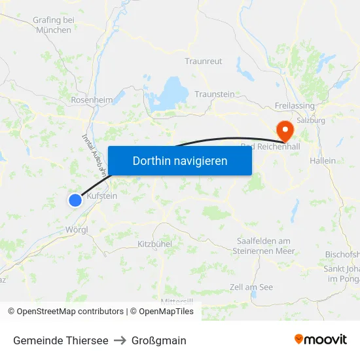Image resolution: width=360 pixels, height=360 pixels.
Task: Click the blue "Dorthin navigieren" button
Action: tap(180, 160)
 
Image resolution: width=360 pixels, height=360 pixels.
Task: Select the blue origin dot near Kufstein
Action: tap(75, 200)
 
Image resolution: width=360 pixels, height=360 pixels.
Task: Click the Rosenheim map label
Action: tap(92, 100)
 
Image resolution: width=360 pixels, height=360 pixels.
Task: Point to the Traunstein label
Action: tap(214, 94)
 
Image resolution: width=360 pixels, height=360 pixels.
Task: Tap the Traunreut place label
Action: tap(204, 62)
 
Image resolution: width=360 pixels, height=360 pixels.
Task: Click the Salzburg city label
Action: tap(310, 121)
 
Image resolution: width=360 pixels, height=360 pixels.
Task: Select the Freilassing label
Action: tap(295, 106)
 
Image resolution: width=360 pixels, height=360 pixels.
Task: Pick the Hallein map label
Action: tap(323, 161)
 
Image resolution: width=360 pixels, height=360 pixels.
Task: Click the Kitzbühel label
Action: tap(154, 244)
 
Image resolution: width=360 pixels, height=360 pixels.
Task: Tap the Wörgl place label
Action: tap(77, 230)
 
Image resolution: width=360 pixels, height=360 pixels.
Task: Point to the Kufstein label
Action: tap(101, 196)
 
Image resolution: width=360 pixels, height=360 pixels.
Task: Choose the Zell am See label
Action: tap(251, 287)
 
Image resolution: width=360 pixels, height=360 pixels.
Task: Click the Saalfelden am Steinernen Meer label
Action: tap(264, 245)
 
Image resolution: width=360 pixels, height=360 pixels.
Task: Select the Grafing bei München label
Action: tap(54, 25)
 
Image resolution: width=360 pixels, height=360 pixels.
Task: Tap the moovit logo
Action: tap(320, 340)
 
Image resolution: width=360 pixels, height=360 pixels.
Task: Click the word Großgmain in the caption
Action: tap(159, 340)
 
